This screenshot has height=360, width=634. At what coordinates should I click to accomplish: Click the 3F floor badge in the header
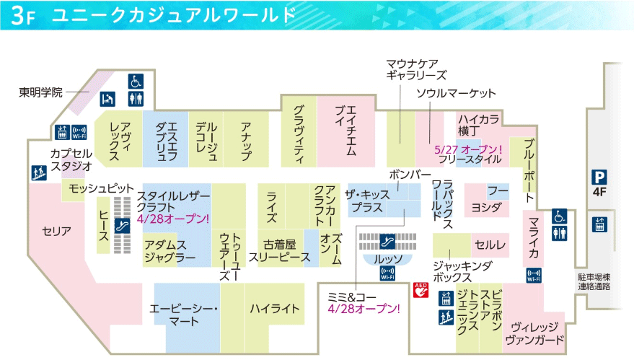(23, 16)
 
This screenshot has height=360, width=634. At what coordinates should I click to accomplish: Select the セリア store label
(56, 231)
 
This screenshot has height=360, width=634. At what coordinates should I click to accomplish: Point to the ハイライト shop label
(274, 309)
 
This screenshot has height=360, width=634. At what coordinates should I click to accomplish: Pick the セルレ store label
(490, 245)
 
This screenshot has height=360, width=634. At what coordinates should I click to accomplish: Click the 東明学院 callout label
(40, 92)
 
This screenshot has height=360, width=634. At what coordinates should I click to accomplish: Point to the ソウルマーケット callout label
(456, 94)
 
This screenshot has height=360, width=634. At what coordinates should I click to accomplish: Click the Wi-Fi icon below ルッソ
(387, 273)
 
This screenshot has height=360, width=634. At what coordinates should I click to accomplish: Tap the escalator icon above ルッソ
(387, 240)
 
